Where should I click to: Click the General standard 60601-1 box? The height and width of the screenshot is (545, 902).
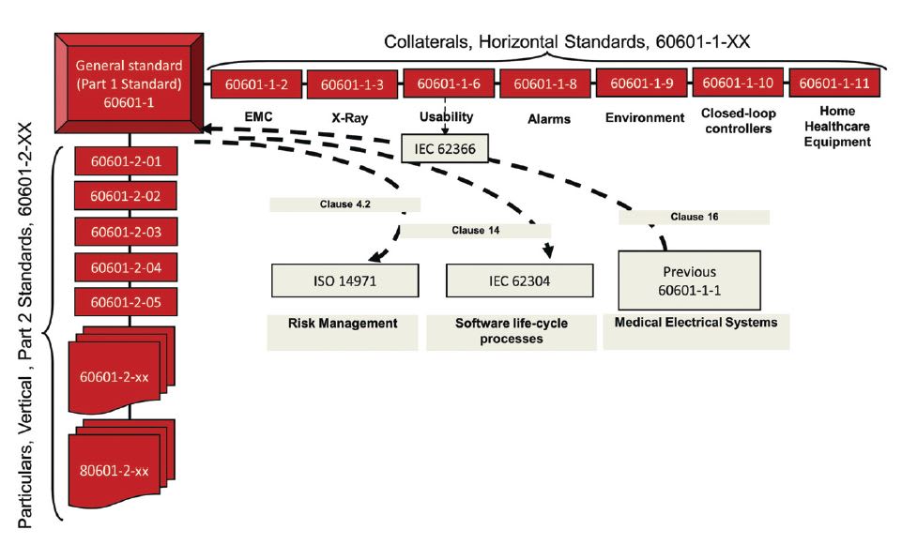tap(129, 85)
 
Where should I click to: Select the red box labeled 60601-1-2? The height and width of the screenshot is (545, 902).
tap(256, 84)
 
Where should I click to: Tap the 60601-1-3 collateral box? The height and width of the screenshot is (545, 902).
tap(352, 85)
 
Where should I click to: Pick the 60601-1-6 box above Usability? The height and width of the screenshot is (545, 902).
tap(448, 83)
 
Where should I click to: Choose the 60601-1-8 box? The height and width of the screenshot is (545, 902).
tap(543, 84)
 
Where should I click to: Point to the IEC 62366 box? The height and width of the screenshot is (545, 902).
tap(444, 148)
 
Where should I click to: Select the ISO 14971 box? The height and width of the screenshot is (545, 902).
tap(344, 279)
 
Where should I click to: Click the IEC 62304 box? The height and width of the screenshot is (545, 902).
tap(519, 279)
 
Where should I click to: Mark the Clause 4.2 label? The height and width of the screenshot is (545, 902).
tap(344, 204)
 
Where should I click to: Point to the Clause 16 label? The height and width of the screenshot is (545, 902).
tap(694, 217)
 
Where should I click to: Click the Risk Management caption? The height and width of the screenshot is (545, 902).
tap(343, 324)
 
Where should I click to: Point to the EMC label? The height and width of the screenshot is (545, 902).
tap(255, 118)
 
